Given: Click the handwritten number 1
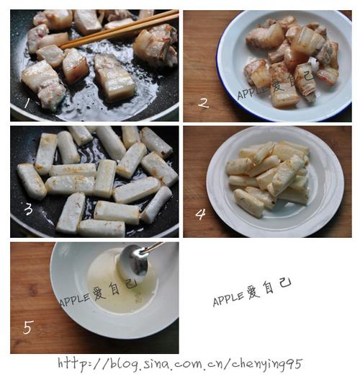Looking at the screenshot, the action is coord(27,104).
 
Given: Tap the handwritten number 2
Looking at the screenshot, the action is coord(204,103).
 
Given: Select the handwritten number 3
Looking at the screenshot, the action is coord(28,209).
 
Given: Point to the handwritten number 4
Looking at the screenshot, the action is coord(201,214).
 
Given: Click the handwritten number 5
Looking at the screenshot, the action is coord(28,327).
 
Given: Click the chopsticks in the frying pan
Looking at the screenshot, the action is coord(119,29).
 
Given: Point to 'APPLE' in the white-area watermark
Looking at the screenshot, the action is coord(228,299).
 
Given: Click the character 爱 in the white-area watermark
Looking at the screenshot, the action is coord(253,292).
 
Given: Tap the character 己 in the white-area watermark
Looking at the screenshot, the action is coord(285,283).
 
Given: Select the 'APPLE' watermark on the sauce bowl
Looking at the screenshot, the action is coord(74,300).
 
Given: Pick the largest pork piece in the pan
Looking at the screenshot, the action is coord(114,78).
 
